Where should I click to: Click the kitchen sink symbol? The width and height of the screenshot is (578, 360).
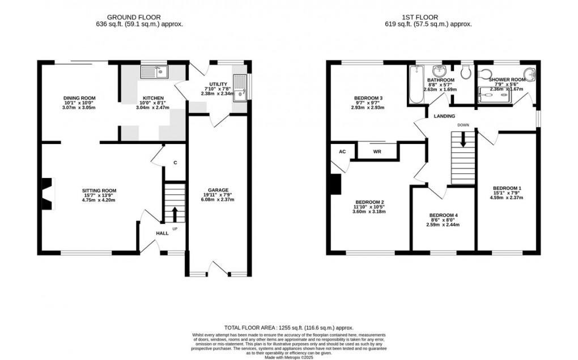[x=154, y=72]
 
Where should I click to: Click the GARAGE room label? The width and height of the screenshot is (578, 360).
[x=218, y=190]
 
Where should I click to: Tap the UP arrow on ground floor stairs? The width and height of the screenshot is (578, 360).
[x=174, y=215]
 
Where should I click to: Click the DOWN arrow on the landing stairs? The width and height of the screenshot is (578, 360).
[x=463, y=139]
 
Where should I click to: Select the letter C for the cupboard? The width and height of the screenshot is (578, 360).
[x=175, y=163]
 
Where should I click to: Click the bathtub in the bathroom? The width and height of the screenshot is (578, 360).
[x=415, y=85]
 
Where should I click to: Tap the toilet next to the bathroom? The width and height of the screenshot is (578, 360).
[x=466, y=71]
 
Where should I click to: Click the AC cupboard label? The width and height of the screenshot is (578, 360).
[x=342, y=152]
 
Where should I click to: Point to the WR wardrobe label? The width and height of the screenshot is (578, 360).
[x=377, y=152]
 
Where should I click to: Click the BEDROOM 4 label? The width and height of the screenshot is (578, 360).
[x=444, y=215]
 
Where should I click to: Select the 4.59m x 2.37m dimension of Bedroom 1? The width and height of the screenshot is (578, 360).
[x=507, y=198]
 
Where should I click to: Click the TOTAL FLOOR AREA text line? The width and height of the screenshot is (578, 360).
[x=289, y=328]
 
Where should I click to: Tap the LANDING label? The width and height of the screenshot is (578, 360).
[x=444, y=116]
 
